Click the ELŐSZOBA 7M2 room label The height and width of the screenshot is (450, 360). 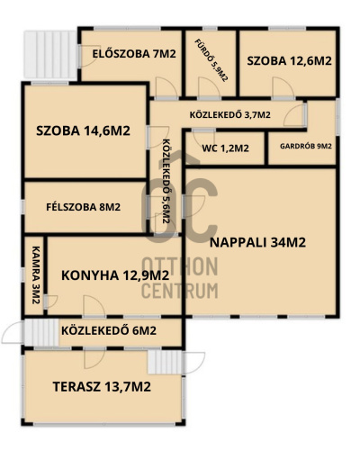tap(134, 54)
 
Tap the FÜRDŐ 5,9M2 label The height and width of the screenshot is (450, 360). tap(211, 60)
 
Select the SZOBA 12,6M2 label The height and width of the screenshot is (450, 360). tap(289, 61)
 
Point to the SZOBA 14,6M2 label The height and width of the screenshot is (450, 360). tap(83, 131)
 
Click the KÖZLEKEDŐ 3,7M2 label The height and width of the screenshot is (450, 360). tap(230, 114)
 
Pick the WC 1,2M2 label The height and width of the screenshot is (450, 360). tap(225, 148)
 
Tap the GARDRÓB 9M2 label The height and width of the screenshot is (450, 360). tap(306, 147)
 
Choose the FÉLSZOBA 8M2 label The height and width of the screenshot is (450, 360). tap(84, 207)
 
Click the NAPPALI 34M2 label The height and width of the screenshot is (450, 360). tap(257, 242)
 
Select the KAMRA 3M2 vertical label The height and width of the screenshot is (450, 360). tap(36, 275)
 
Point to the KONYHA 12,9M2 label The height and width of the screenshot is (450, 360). tap(115, 275)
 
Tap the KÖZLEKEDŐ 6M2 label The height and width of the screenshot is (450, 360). tap(109, 330)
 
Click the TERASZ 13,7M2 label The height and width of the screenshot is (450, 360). tap(102, 387)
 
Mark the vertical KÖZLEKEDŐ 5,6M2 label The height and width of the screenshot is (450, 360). tap(166, 181)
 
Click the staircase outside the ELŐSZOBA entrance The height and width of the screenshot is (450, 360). tap(49, 55)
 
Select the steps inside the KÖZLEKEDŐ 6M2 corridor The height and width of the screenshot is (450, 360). tap(41, 332)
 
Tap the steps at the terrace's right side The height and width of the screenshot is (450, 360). tap(166, 363)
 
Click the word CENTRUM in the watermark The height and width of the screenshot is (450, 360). tap(179, 291)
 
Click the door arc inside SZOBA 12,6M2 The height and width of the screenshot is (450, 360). tap(283, 87)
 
